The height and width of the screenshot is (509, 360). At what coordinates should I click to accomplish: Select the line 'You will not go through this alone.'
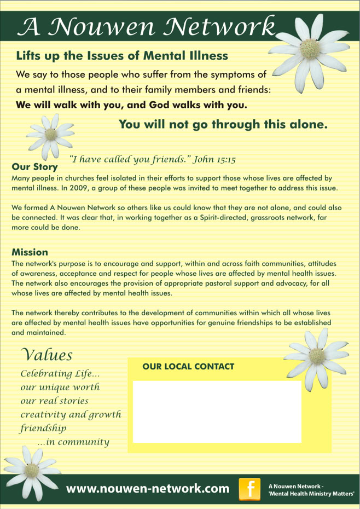(x=223, y=124)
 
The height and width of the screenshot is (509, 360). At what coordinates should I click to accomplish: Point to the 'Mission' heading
(x=30, y=252)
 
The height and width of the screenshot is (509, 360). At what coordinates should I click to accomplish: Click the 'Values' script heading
(x=46, y=354)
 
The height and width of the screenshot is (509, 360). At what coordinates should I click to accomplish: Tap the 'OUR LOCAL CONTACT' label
(x=188, y=366)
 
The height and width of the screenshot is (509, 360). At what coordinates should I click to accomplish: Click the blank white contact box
(x=217, y=412)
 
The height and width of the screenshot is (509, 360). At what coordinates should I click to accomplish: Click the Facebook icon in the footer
(x=251, y=488)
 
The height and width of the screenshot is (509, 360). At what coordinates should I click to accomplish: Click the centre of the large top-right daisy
(x=310, y=46)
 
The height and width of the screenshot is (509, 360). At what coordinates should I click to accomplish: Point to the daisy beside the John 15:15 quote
(x=50, y=134)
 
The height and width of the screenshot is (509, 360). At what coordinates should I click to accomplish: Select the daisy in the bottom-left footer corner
(x=31, y=470)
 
